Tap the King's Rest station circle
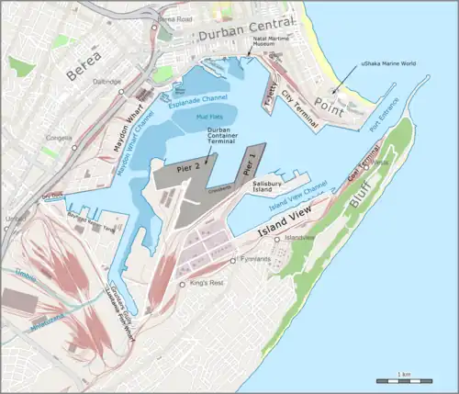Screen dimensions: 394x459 pyautogui.click(x=182, y=285)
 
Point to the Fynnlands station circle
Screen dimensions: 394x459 pyautogui.click(x=231, y=261)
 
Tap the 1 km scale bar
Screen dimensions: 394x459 pyautogui.click(x=405, y=380)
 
